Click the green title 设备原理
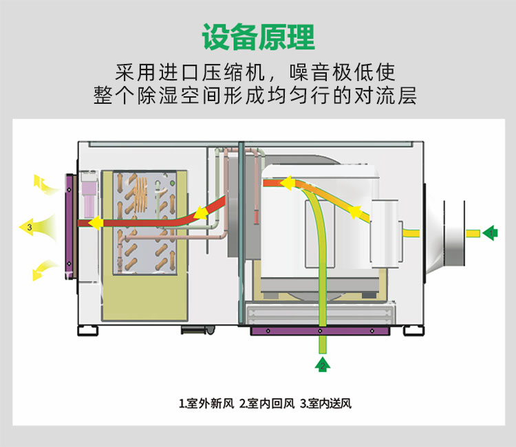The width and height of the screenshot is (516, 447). tap(258, 36)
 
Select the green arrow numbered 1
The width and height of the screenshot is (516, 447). tap(490, 233)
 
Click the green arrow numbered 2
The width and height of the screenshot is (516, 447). tap(322, 364)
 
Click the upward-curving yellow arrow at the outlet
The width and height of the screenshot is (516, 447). tap(43, 183)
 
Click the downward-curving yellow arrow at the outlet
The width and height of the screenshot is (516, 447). tap(43, 270)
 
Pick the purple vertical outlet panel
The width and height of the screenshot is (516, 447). tap(69, 223)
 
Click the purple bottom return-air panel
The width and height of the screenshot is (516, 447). tap(321, 331)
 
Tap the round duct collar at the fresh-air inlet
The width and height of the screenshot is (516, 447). tap(454, 234)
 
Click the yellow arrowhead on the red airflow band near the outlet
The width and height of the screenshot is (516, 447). tap(96, 223)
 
